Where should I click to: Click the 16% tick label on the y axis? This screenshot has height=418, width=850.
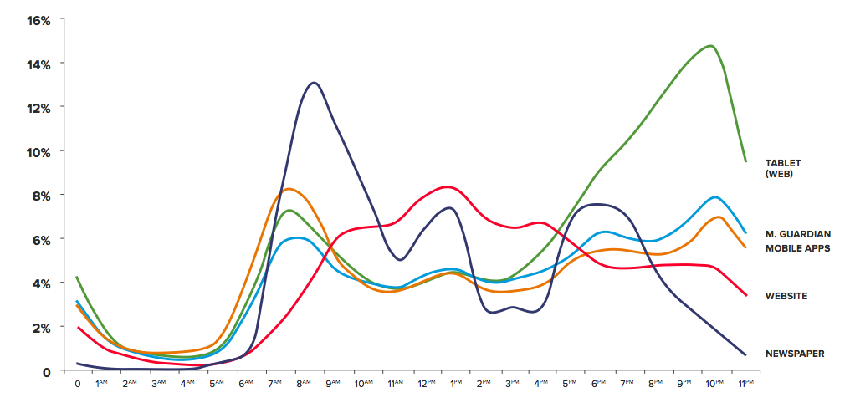point(39,20)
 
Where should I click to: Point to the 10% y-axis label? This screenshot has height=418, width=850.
point(39,151)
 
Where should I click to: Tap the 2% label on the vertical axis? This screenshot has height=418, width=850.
point(42,327)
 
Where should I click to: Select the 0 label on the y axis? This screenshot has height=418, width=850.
point(47,370)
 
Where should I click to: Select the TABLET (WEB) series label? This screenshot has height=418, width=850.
point(784,168)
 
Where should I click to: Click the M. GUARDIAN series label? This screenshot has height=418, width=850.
point(797,234)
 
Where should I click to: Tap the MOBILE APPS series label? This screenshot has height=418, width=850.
point(797,248)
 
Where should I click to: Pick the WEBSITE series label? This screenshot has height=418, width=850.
point(786,296)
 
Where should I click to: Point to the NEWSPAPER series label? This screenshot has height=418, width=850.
point(795,354)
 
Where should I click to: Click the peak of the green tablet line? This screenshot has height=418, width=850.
point(711,46)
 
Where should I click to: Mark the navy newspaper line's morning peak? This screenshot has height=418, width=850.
point(314,83)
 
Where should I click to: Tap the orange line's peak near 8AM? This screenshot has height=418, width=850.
point(289,189)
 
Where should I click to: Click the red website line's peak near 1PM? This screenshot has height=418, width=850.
point(447,186)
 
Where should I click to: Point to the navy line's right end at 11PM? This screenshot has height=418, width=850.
point(745,355)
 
